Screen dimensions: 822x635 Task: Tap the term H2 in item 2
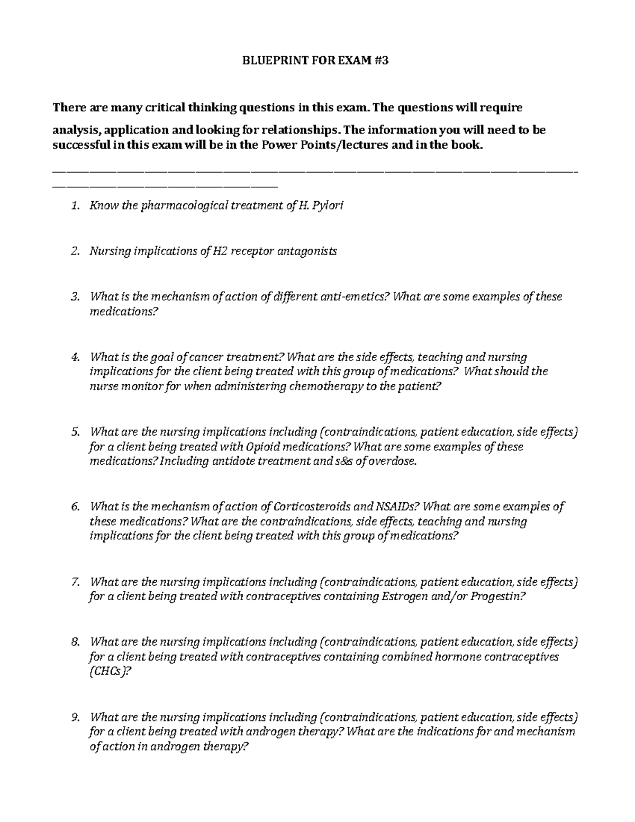220,251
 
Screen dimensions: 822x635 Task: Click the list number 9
75,718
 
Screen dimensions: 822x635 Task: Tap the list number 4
75,357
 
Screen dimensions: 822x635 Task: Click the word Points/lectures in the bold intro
347,146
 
